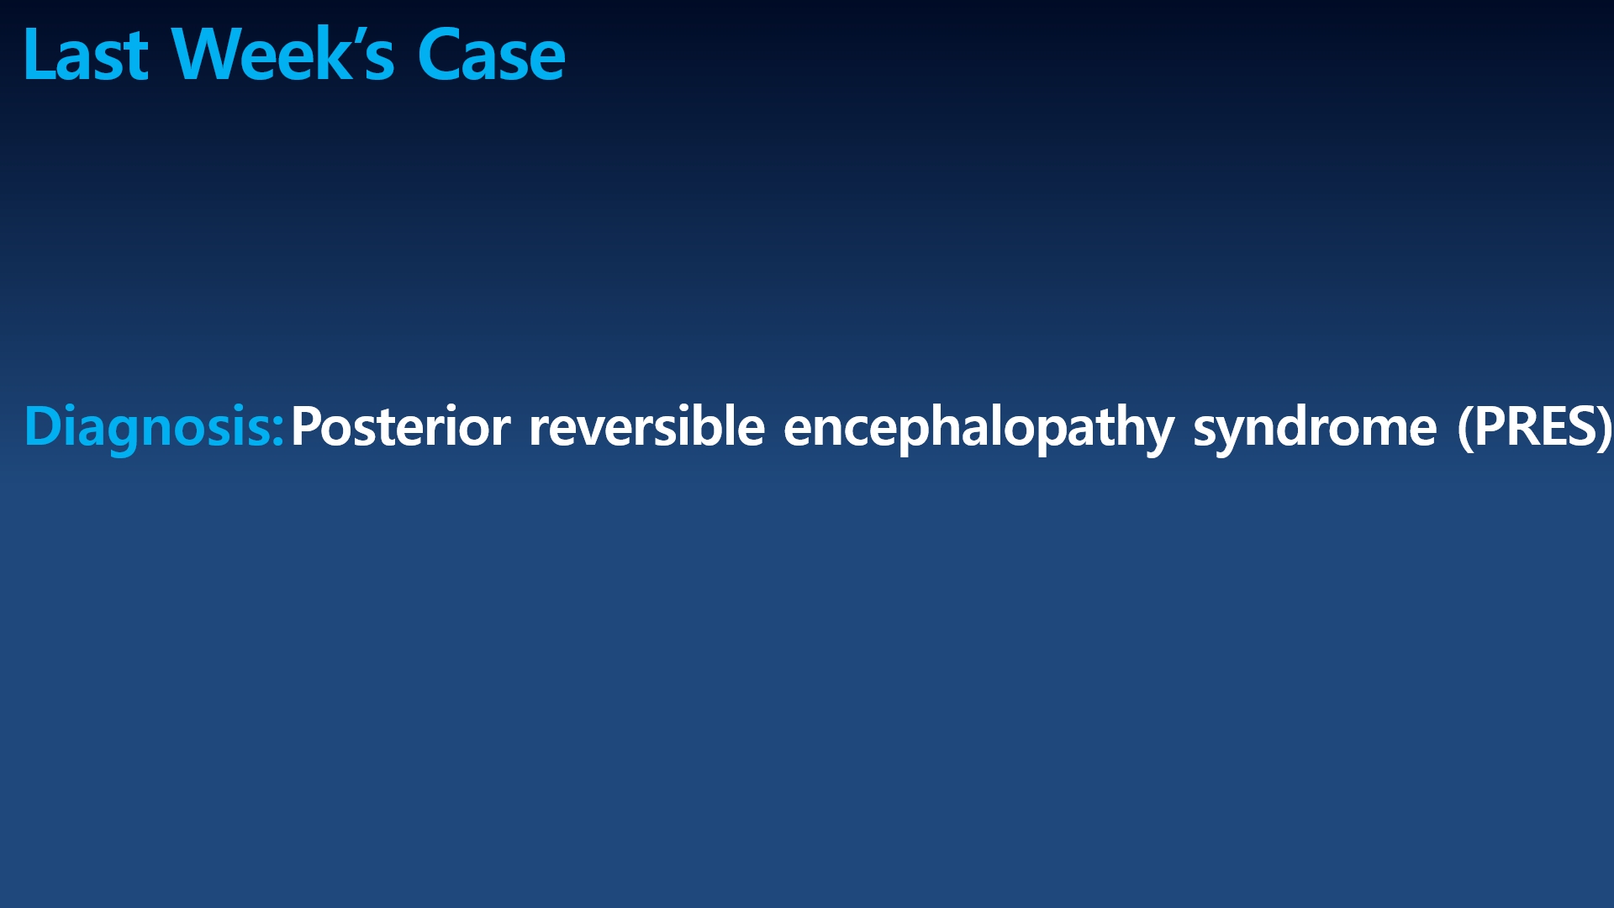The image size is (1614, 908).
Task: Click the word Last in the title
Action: coord(87,55)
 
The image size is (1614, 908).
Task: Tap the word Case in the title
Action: coord(492,55)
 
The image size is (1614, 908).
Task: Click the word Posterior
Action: coord(400,426)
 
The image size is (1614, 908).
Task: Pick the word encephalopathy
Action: coord(978,428)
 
